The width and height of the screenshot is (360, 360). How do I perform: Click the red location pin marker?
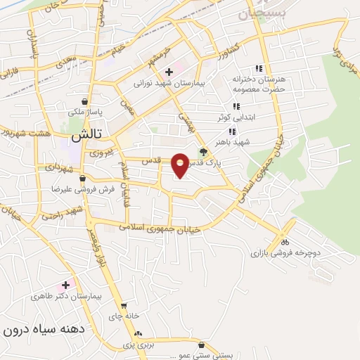click(181, 165)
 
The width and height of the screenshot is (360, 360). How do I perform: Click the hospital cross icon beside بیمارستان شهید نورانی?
click(169, 72)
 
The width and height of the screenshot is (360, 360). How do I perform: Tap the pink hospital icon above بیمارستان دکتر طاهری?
click(66, 285)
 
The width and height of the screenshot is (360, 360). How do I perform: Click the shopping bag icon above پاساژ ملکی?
click(84, 101)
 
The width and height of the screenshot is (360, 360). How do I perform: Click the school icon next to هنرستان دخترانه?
click(258, 68)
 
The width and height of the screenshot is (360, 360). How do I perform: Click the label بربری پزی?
click(139, 345)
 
